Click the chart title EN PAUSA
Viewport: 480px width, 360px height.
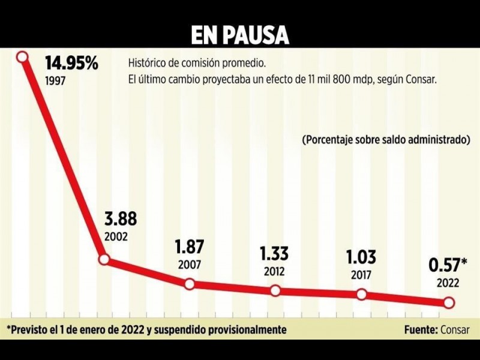240,35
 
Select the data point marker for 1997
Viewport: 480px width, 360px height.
23,57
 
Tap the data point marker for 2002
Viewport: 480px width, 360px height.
104,260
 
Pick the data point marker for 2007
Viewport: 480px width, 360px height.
190,284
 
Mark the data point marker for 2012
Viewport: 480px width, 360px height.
275,290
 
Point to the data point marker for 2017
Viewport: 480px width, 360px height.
362,294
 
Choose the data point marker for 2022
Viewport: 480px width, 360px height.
448,303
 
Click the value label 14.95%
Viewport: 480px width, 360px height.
71,64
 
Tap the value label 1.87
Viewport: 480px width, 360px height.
189,247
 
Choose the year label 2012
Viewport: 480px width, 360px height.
275,271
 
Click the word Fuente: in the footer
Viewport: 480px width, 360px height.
422,329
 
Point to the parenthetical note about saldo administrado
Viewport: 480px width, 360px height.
385,140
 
